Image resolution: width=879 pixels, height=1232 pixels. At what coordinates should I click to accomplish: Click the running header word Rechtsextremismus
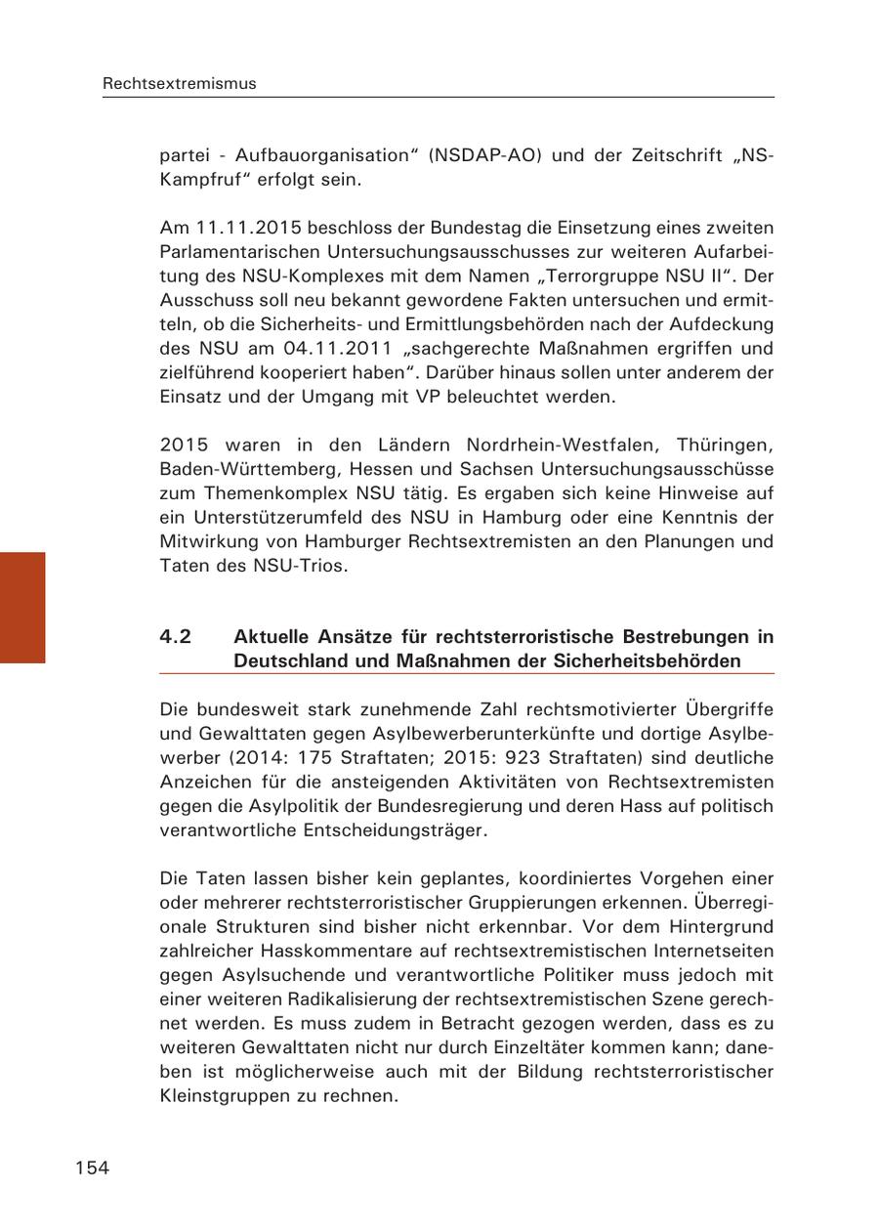pyautogui.click(x=180, y=84)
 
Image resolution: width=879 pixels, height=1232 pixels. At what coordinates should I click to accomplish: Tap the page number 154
pyautogui.click(x=92, y=1168)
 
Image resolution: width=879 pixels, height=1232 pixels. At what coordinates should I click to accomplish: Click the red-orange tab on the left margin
pyautogui.click(x=22, y=608)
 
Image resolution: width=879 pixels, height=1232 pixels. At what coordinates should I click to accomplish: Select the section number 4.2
pyautogui.click(x=176, y=637)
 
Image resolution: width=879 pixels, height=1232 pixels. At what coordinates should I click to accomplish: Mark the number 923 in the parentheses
pyautogui.click(x=522, y=758)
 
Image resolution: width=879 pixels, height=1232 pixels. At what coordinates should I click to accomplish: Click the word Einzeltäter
pyautogui.click(x=514, y=1047)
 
